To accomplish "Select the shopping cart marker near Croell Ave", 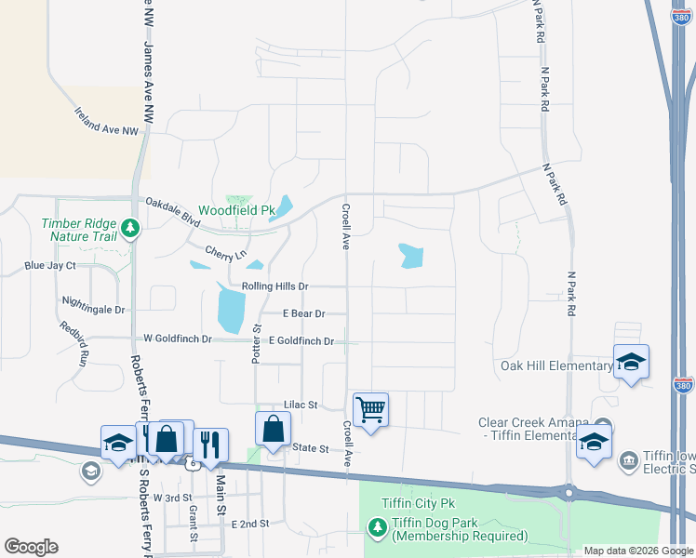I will (371, 409).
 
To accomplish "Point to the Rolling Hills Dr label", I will (274, 286).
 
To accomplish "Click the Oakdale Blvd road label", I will (172, 210).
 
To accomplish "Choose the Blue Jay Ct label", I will (50, 266).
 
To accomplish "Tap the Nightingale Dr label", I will (92, 303).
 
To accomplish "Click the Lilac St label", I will (301, 405).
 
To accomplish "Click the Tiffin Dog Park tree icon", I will (377, 528).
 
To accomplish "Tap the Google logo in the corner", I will (31, 547).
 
